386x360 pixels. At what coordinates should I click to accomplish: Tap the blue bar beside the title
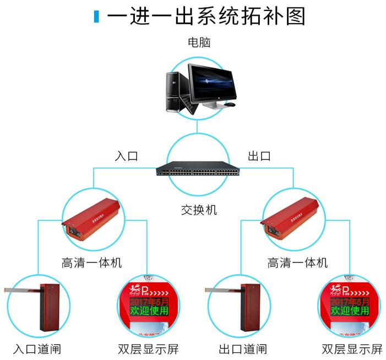pos(96,17)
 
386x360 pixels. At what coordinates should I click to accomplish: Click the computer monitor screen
pos(210,82)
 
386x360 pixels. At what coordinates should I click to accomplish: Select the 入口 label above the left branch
pos(126,156)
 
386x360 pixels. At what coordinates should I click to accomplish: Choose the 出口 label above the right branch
pos(259,156)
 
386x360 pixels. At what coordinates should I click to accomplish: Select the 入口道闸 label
pos(37,349)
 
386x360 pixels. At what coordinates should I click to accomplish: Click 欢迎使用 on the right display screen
pos(350,311)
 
